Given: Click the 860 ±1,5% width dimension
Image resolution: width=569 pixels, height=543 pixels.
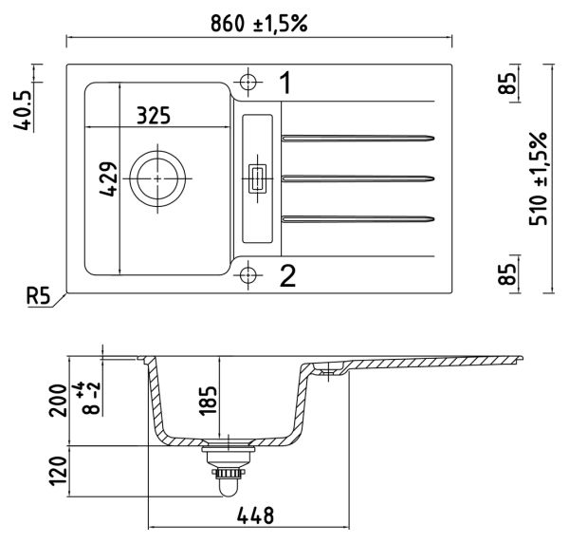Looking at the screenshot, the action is (x=259, y=24).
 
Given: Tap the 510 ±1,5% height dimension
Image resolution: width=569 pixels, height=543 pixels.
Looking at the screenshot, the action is (x=538, y=178).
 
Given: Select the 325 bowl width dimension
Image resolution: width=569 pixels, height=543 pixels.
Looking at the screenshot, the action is (x=154, y=116).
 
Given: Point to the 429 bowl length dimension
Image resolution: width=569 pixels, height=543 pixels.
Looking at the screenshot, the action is (x=108, y=179).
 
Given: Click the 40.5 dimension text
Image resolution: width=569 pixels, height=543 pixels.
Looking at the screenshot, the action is (x=23, y=110).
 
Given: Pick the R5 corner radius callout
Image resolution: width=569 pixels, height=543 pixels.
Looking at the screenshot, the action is (x=38, y=295).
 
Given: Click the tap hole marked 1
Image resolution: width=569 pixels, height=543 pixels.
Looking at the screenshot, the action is (x=248, y=82).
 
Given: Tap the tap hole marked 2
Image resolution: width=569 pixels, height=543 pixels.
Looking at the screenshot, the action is (x=248, y=274).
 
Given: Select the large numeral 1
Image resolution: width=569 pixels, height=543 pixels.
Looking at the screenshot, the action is (x=286, y=83).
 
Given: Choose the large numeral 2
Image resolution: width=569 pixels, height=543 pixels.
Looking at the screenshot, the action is (x=287, y=275).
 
